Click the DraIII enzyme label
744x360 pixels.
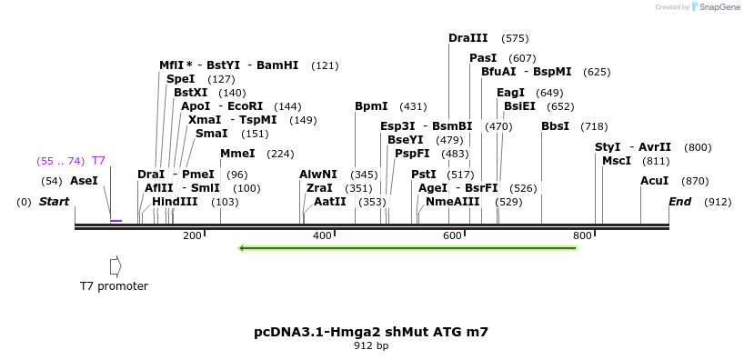coord(468,38)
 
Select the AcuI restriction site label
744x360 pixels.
coord(654,181)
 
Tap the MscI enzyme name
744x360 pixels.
coord(617,161)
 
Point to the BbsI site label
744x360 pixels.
coord(555,126)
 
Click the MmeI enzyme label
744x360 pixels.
coord(237,154)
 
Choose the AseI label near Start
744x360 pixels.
coord(84,181)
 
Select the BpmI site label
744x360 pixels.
coord(371,106)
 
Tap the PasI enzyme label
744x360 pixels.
coord(483,58)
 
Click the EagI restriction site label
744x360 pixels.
coord(510,93)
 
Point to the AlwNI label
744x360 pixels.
coord(318,175)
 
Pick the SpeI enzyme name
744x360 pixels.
coord(180,79)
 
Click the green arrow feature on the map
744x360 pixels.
coord(407,247)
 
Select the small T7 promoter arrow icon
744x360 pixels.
coord(115,265)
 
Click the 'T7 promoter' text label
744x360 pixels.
coord(114,286)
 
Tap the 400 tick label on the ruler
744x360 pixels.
coord(322,236)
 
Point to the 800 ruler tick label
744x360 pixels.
coord(582,236)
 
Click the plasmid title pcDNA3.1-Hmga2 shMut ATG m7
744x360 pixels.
coord(371,332)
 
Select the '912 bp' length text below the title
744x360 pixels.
coord(371,346)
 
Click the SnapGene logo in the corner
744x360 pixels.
coord(714,7)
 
